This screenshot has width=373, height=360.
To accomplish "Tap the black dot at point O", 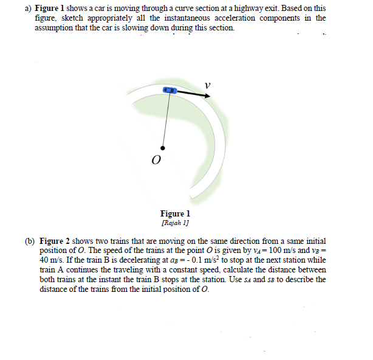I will (162, 147).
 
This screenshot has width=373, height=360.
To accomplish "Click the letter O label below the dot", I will (156, 161).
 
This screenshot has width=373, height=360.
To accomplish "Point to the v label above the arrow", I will (207, 85).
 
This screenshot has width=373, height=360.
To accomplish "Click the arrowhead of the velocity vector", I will (200, 95).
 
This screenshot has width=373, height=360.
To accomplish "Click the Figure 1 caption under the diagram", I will (175, 213).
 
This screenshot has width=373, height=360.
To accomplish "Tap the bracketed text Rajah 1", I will (175, 221).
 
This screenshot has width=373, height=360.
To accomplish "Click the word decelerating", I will (122, 260).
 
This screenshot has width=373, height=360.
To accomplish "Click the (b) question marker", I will (30, 241).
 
